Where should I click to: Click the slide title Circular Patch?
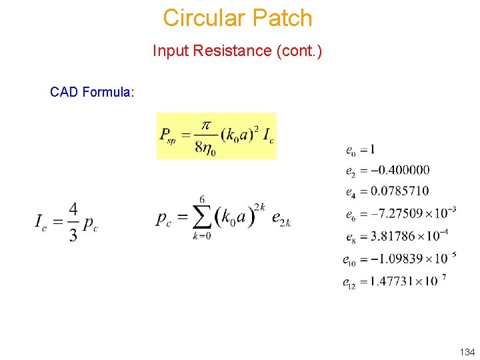[x=237, y=18]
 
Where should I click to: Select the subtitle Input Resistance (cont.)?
[x=237, y=51]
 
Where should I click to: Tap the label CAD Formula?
[x=92, y=92]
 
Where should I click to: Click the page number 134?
[x=467, y=351]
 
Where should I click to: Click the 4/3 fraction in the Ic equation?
[x=73, y=221]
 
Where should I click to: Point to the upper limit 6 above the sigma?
[x=202, y=199]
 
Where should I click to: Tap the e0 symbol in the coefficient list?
[x=350, y=149]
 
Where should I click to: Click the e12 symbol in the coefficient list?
[x=350, y=283]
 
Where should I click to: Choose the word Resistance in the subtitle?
[x=233, y=51]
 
